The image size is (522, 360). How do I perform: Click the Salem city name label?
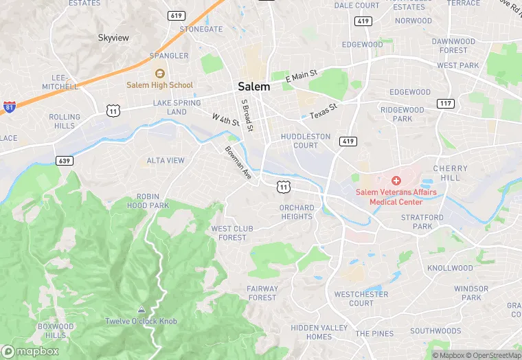point(253,87)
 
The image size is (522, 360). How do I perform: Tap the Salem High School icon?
point(159,74)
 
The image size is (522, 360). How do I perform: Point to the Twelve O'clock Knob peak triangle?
point(141,310)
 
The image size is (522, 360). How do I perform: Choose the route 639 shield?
point(64,160)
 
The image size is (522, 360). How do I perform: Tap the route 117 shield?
point(445,103)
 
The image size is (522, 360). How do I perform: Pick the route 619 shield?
point(176,15)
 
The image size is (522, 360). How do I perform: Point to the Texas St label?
point(324,110)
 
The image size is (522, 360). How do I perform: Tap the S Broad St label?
point(247,115)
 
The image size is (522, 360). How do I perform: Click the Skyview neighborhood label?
point(113,37)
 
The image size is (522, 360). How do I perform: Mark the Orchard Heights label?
point(297,212)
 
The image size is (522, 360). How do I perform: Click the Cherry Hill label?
point(450,172)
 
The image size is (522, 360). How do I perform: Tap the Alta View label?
point(166,161)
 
